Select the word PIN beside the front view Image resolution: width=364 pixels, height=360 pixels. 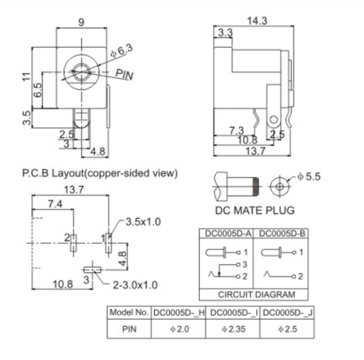(124, 75)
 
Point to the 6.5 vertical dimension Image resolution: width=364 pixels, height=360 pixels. (37, 89)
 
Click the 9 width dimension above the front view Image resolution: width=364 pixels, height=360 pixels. (81, 22)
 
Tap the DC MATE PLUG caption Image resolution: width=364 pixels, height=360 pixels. (255, 210)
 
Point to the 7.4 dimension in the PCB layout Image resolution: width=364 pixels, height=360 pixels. (54, 204)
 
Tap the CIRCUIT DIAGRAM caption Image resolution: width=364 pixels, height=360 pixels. (256, 294)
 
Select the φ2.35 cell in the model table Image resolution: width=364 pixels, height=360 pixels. (233, 329)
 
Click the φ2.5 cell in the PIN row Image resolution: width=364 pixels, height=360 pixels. (287, 329)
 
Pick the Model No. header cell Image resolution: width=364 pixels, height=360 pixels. (129, 312)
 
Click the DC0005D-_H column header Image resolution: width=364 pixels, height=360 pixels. (178, 312)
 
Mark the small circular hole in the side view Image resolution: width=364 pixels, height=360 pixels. (273, 119)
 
